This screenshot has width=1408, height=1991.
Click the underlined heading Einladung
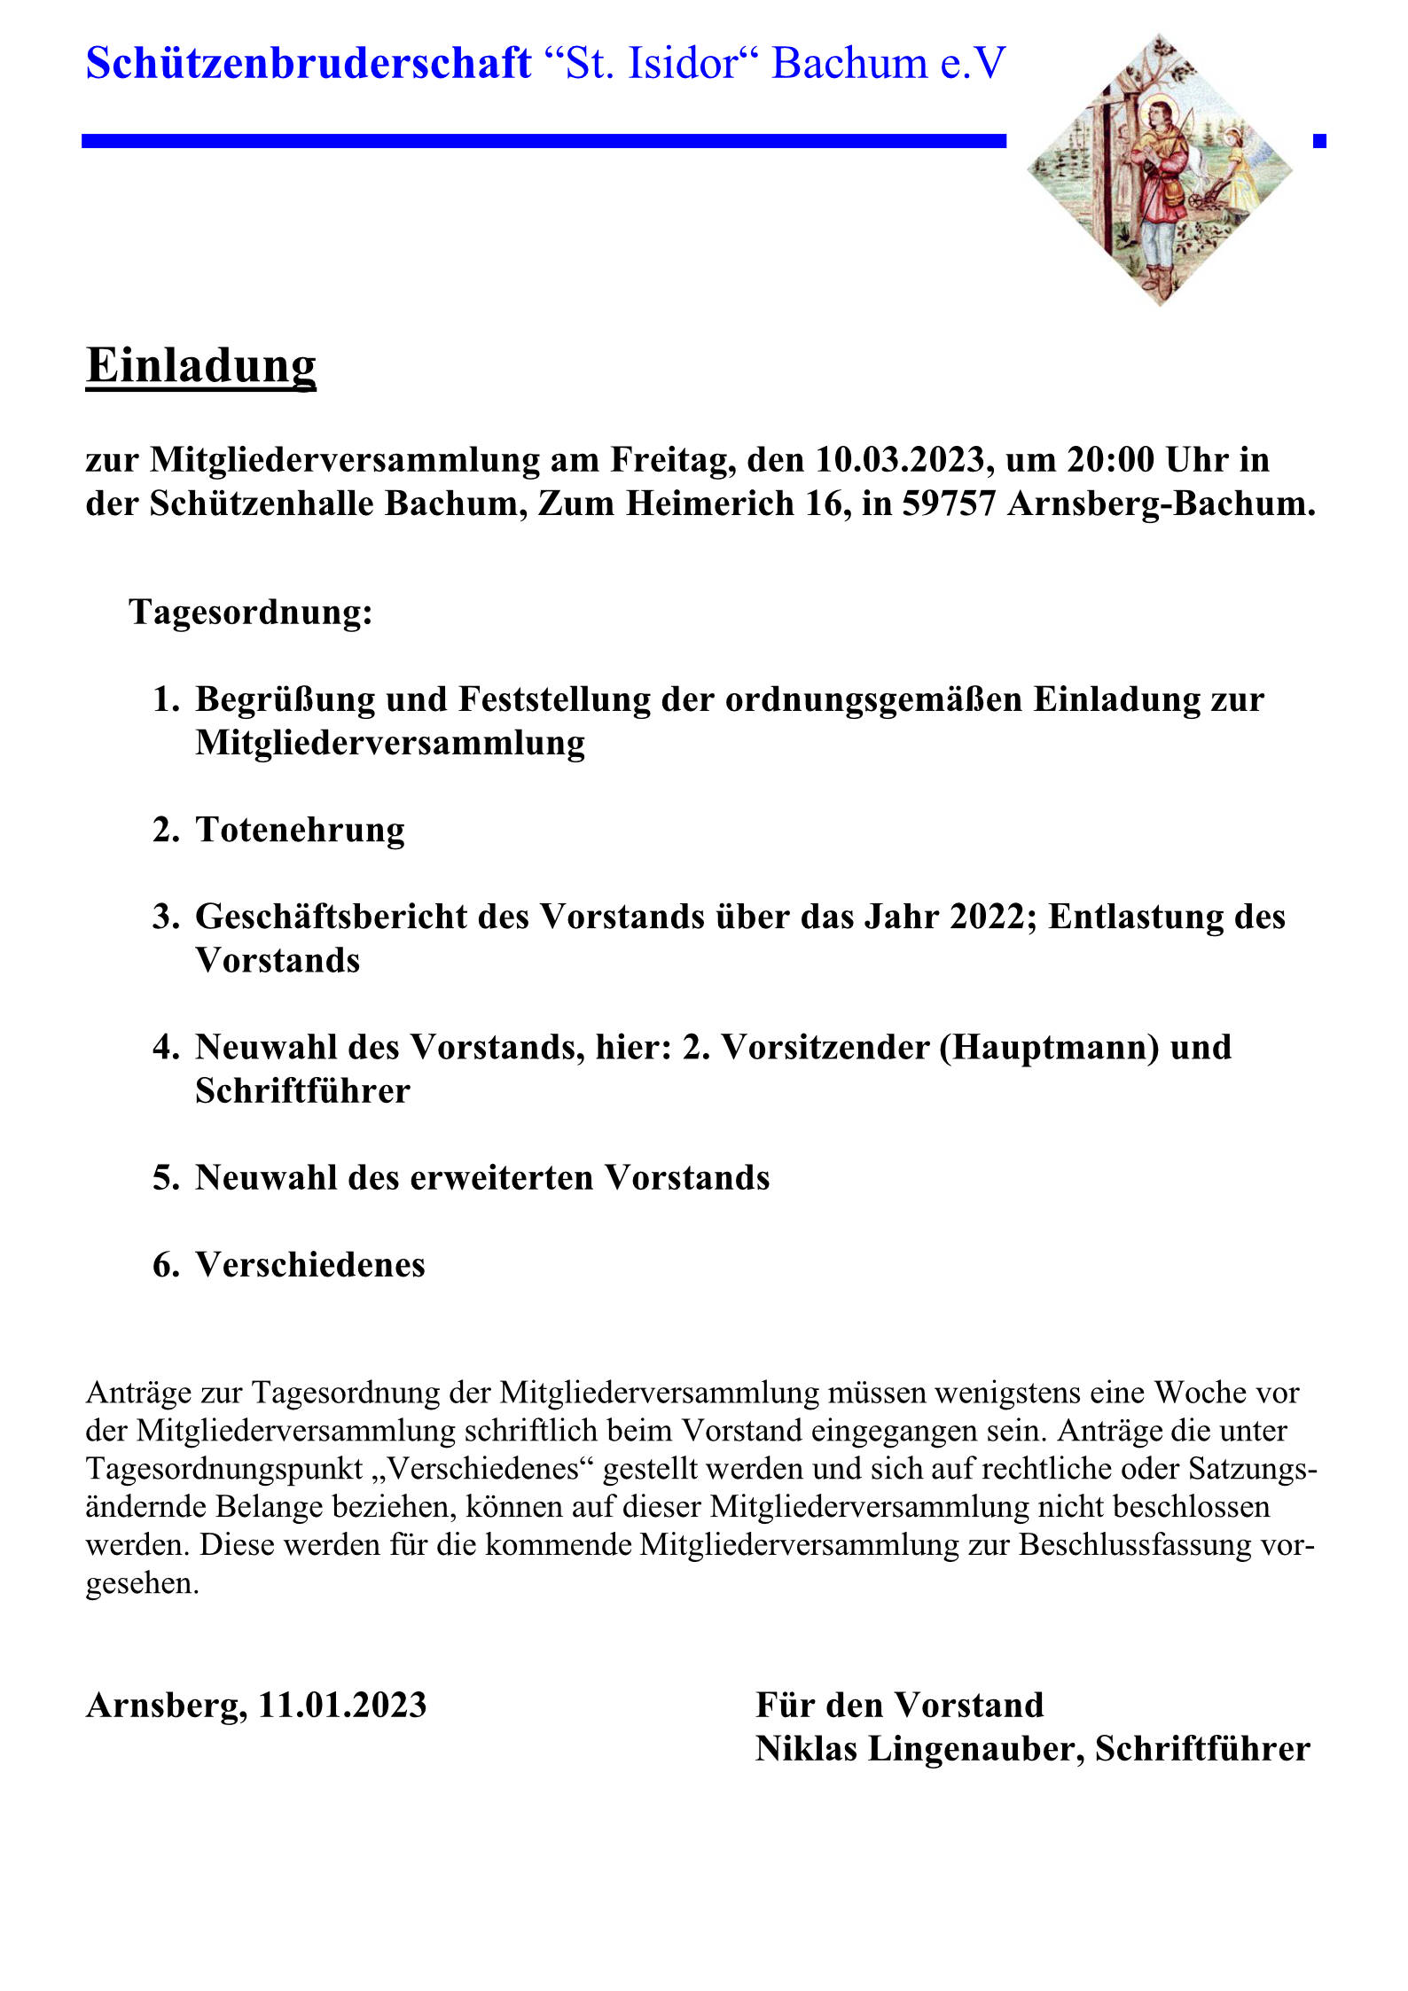201,365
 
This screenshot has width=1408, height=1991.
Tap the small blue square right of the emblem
1319,141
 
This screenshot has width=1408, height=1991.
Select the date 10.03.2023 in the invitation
900,460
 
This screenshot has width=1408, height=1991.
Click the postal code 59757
949,504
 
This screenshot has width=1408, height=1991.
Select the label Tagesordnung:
251,613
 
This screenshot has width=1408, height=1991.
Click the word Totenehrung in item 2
300,830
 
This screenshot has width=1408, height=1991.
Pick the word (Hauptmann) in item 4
1050,1048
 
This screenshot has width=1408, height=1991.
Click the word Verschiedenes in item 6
310,1265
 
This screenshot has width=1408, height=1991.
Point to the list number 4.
166,1048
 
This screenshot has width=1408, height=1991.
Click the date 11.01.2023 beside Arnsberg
342,1705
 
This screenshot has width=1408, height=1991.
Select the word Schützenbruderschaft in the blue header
309,64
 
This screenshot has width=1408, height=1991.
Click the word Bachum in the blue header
849,64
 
